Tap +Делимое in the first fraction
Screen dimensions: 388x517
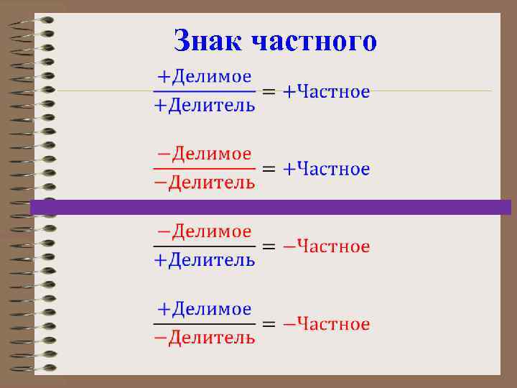click(204, 75)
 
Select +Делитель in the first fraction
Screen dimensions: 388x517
click(205, 106)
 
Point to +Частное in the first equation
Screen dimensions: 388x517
click(326, 92)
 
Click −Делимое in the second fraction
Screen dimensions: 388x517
click(204, 153)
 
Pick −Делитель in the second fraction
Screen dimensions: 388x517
click(205, 183)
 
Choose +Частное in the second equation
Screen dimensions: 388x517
click(326, 170)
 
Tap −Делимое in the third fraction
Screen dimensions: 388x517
click(204, 231)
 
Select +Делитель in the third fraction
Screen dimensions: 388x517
click(205, 260)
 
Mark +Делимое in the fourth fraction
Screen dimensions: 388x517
click(204, 309)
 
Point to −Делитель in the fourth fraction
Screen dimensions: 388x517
click(205, 338)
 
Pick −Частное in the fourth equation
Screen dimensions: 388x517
click(326, 324)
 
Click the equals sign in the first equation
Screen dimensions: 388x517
click(267, 92)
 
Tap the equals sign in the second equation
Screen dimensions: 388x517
click(267, 170)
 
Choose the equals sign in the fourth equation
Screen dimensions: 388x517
click(267, 324)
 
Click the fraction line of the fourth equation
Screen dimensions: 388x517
click(205, 324)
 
